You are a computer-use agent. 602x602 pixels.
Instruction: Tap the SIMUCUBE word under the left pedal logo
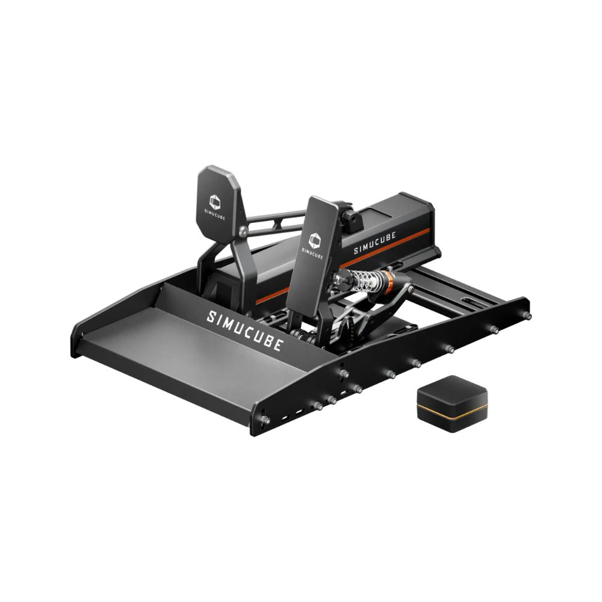click(x=216, y=216)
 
